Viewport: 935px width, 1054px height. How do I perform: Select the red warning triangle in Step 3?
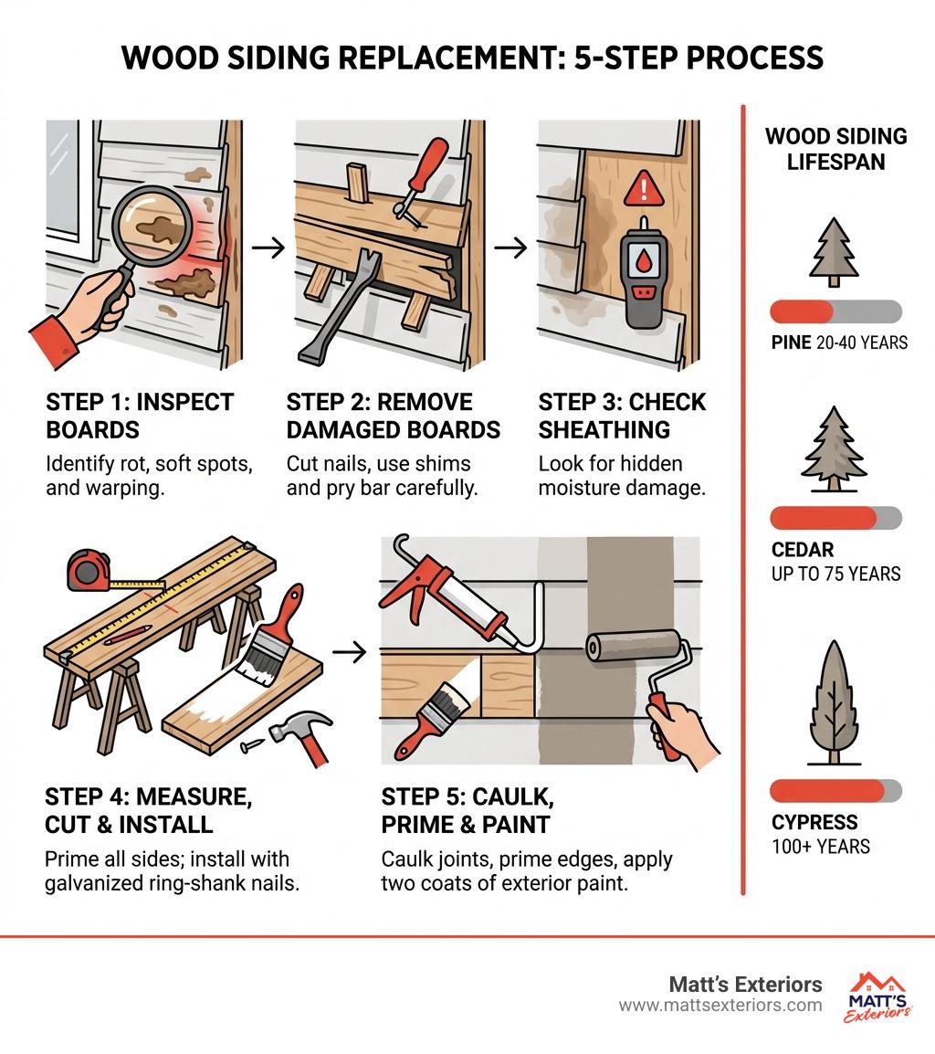(x=644, y=187)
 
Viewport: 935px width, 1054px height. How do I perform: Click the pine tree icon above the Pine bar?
(x=835, y=252)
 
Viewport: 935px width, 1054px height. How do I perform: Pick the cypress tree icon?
(x=835, y=702)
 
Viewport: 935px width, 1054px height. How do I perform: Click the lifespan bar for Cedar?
(x=835, y=518)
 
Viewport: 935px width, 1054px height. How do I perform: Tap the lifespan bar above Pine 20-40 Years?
(x=835, y=311)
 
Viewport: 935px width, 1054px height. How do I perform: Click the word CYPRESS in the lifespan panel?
(x=814, y=822)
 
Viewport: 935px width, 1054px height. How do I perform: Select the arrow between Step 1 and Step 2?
(x=268, y=248)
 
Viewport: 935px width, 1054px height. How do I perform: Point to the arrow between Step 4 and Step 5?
(x=350, y=651)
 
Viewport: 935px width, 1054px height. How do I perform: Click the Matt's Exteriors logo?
(x=877, y=996)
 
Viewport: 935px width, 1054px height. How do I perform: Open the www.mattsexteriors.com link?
(x=720, y=1006)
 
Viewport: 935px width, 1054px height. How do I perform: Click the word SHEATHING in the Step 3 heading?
(x=604, y=429)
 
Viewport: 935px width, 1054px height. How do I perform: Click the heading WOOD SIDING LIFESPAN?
(x=835, y=149)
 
